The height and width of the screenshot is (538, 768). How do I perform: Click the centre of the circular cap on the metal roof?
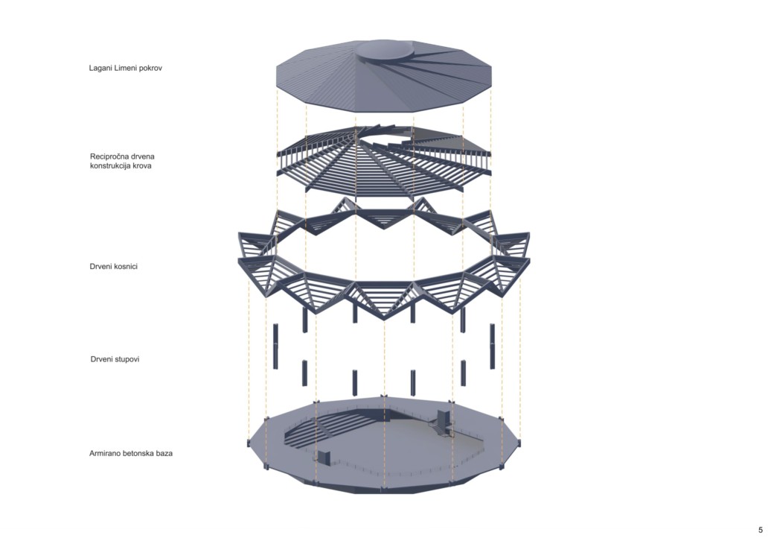(x=384, y=50)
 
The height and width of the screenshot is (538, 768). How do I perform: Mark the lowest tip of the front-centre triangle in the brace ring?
(x=384, y=319)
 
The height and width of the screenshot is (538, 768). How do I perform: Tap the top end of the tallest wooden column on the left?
(x=276, y=325)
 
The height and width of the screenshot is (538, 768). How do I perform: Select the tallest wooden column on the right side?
(x=492, y=346)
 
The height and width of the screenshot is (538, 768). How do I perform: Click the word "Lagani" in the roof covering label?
(x=100, y=68)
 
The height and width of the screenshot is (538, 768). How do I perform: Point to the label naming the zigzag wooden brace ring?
(x=114, y=266)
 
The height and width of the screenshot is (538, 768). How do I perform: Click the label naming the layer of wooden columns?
(x=115, y=359)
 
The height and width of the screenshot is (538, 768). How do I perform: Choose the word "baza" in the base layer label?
(x=164, y=454)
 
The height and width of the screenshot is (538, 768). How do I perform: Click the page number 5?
(x=761, y=530)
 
